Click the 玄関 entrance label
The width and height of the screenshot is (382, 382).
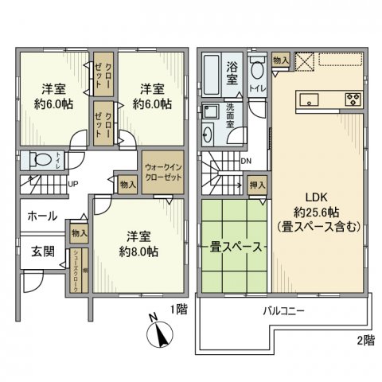pyautogui.click(x=43, y=251)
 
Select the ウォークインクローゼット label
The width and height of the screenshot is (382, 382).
pyautogui.click(x=162, y=172)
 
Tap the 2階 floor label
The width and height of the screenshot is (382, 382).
pyautogui.click(x=364, y=341)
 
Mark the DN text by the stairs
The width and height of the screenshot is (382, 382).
pyautogui.click(x=248, y=160)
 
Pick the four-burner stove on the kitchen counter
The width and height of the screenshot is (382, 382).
pyautogui.click(x=353, y=99)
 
